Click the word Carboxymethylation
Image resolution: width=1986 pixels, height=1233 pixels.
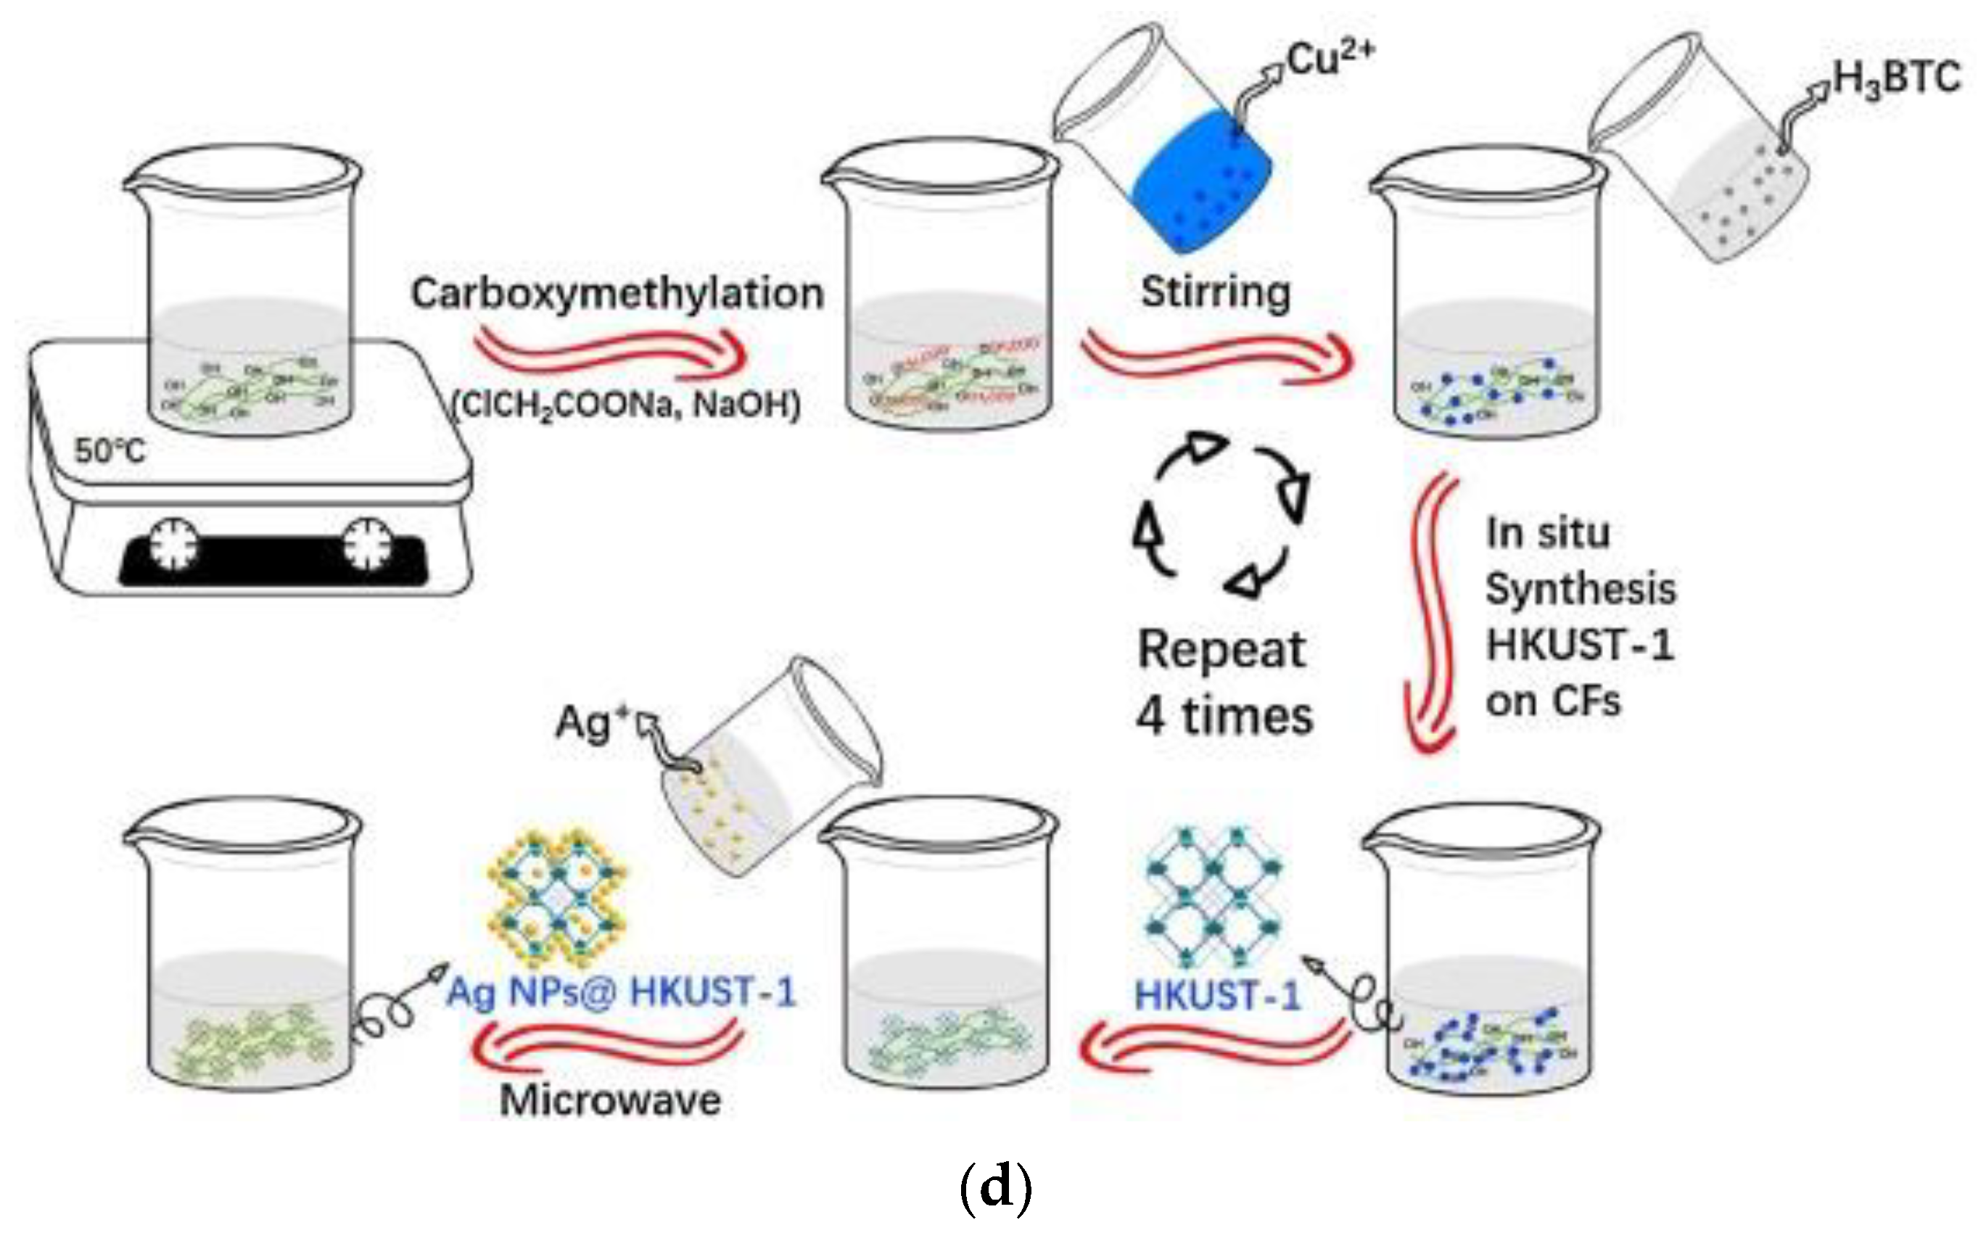[617, 294]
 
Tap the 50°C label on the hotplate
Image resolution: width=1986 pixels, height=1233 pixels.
[110, 450]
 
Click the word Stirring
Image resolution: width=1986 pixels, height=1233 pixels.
[1215, 292]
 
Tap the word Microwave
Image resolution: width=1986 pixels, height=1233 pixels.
[610, 1100]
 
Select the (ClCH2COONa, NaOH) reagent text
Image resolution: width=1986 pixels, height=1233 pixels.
[626, 405]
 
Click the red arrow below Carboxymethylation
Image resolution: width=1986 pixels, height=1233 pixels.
[611, 355]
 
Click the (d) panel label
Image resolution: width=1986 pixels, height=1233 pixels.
[995, 1187]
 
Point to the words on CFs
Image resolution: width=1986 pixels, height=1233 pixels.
[1552, 701]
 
